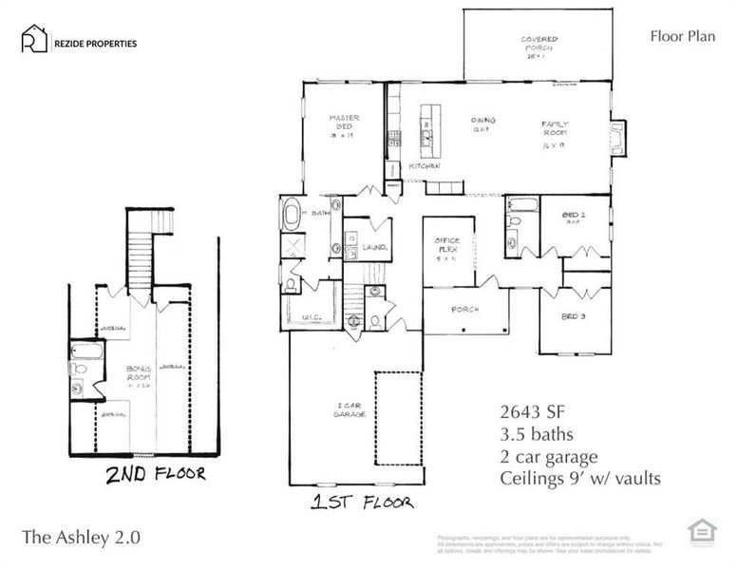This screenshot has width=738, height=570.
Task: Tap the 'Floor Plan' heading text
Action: (680, 37)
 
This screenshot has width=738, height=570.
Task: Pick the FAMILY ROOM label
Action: (554, 130)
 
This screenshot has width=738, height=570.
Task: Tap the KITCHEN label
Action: (423, 166)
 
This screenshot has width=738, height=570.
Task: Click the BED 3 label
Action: (574, 315)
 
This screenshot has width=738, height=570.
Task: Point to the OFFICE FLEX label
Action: (447, 249)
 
